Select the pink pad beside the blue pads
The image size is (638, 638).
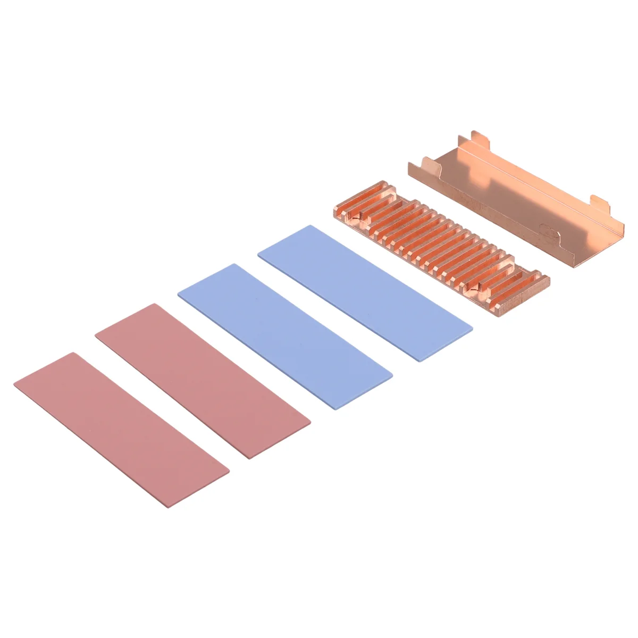(x=203, y=381)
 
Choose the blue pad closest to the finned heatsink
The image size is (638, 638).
(x=365, y=293)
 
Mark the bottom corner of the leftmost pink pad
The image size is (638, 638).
(x=169, y=507)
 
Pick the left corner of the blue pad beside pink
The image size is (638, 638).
(x=178, y=290)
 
